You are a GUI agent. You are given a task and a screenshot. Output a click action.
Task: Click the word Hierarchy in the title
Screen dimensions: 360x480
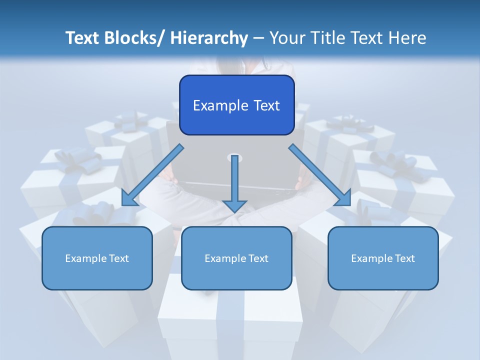(209, 38)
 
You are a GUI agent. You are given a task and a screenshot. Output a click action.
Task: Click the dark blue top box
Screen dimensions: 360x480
(236, 105)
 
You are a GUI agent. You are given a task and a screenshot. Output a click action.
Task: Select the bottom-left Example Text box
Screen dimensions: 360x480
(97, 258)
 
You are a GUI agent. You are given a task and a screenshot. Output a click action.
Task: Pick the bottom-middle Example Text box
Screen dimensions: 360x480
(236, 258)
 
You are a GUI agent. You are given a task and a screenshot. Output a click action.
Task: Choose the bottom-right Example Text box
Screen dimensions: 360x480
(383, 258)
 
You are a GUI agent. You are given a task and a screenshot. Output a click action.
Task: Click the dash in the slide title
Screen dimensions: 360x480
(258, 38)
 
